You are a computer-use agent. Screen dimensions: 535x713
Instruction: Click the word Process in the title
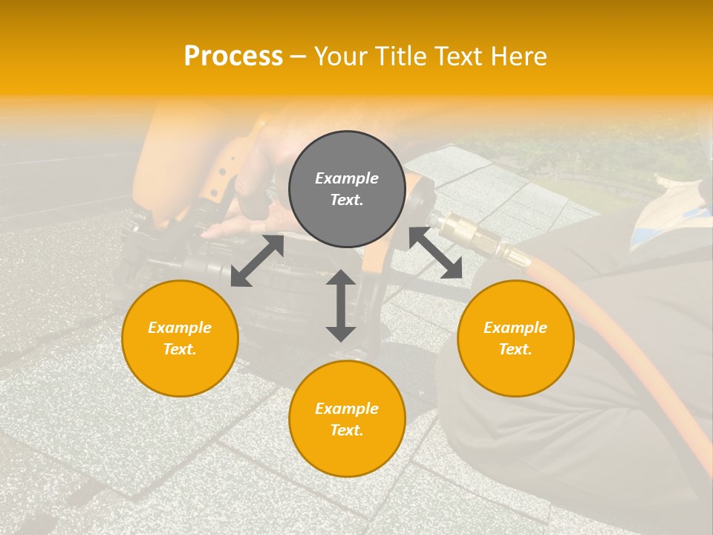(x=233, y=56)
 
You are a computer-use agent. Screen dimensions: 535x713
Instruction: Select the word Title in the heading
(x=403, y=56)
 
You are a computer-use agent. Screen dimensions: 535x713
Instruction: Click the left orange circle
(x=180, y=338)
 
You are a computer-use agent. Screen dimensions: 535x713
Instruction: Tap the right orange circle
(x=515, y=338)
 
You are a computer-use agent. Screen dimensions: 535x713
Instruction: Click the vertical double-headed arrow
(x=341, y=305)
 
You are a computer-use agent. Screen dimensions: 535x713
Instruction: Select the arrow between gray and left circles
(x=257, y=261)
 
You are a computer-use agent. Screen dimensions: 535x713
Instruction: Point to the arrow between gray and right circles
(x=436, y=253)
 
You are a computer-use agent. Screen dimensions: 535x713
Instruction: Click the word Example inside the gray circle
(x=347, y=178)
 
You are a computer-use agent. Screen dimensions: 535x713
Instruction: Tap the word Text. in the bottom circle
(x=347, y=430)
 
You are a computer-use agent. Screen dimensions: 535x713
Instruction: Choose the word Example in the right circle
(x=515, y=328)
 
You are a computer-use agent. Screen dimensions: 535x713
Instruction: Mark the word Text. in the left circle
(x=180, y=349)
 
